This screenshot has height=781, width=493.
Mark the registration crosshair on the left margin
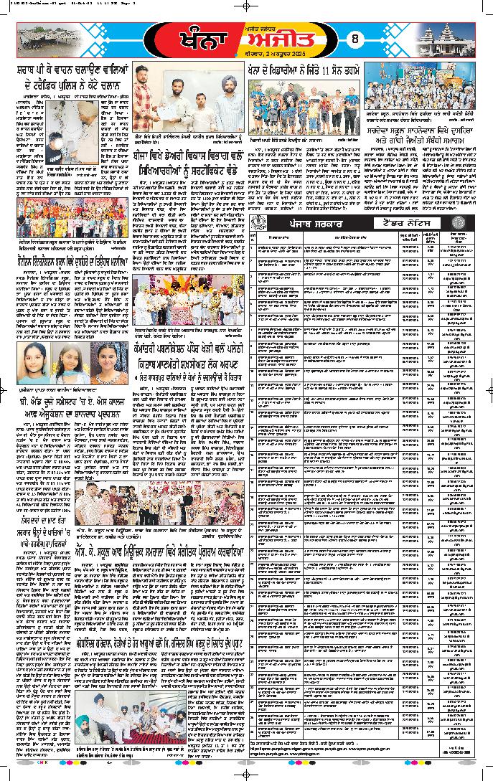pos(6,389)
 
